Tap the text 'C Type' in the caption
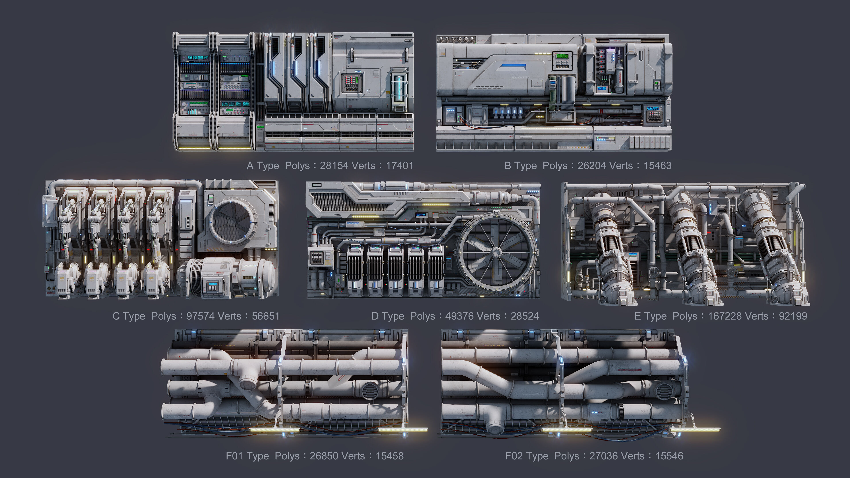pos(129,316)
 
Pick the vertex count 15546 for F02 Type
pos(669,456)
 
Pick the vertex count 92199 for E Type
pos(793,316)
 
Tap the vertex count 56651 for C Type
pos(266,316)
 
